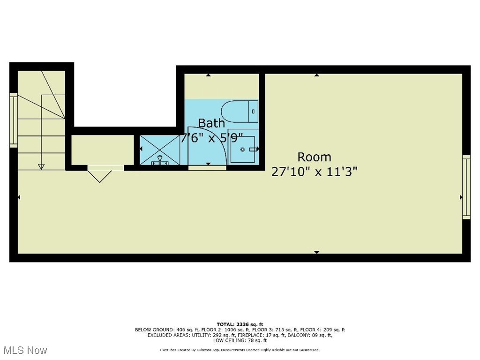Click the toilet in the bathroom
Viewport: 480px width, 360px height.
click(x=239, y=111)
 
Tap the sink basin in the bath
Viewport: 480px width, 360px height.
click(x=243, y=149)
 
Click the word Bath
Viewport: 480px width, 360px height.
click(x=211, y=123)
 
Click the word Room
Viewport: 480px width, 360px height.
click(x=314, y=157)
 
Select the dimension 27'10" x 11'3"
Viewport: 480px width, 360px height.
click(x=315, y=172)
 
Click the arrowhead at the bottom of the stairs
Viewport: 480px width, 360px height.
click(x=41, y=166)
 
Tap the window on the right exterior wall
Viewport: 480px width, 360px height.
click(x=466, y=187)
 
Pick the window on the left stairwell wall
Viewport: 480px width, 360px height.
click(x=14, y=119)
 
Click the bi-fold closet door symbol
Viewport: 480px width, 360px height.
click(x=100, y=175)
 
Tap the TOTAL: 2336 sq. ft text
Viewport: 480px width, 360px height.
click(x=240, y=324)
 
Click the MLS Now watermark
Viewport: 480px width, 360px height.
click(x=25, y=350)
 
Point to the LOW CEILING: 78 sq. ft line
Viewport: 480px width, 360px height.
click(x=240, y=340)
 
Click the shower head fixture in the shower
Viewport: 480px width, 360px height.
click(x=160, y=159)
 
